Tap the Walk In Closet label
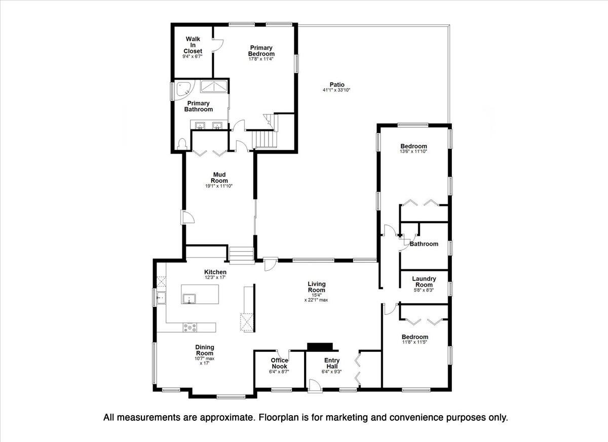[x=193, y=45]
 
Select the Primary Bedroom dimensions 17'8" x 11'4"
[x=261, y=59]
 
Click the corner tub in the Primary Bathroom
[x=182, y=90]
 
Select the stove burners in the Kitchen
[x=191, y=328]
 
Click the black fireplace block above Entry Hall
[x=322, y=346]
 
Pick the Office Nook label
[x=279, y=364]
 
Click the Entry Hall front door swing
[x=315, y=385]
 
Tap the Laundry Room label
[x=424, y=282]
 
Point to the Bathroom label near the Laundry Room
[x=424, y=244]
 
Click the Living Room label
[x=317, y=287]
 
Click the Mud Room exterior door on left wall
[x=187, y=218]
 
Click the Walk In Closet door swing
[x=217, y=45]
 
